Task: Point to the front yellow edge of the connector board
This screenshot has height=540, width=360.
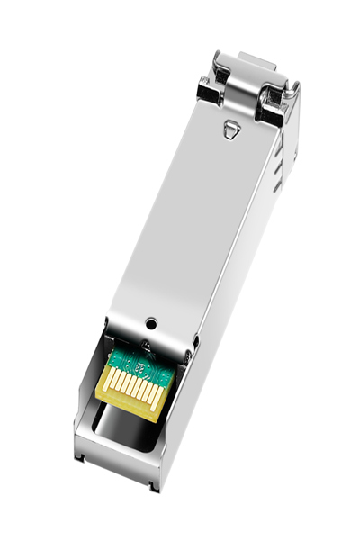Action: pyautogui.click(x=126, y=405)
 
